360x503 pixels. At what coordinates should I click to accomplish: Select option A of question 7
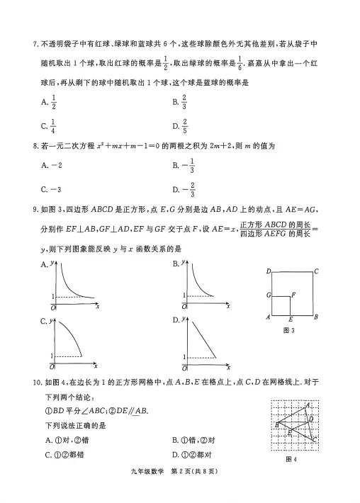tap(49, 103)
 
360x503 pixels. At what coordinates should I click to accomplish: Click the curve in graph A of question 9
tap(70, 286)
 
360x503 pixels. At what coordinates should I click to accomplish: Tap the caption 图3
tap(288, 330)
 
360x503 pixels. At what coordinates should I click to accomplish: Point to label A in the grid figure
tap(308, 405)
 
